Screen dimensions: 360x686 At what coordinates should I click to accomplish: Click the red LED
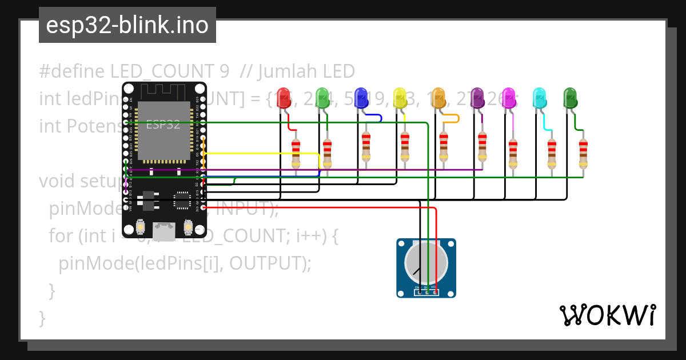[284, 98]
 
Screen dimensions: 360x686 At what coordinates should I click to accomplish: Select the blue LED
[361, 98]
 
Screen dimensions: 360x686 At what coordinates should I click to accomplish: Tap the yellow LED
[400, 98]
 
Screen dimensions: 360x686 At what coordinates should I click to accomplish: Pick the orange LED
[438, 98]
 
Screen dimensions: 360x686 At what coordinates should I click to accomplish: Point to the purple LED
[477, 98]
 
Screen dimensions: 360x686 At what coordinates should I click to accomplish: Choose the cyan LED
[540, 98]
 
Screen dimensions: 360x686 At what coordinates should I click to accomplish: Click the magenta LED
[508, 98]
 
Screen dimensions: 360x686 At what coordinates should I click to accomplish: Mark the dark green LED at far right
[570, 98]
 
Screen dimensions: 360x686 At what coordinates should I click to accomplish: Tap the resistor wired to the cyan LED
[552, 153]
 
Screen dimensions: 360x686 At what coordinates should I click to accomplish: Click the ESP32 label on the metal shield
[163, 125]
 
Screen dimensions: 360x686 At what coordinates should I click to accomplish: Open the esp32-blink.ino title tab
[127, 25]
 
